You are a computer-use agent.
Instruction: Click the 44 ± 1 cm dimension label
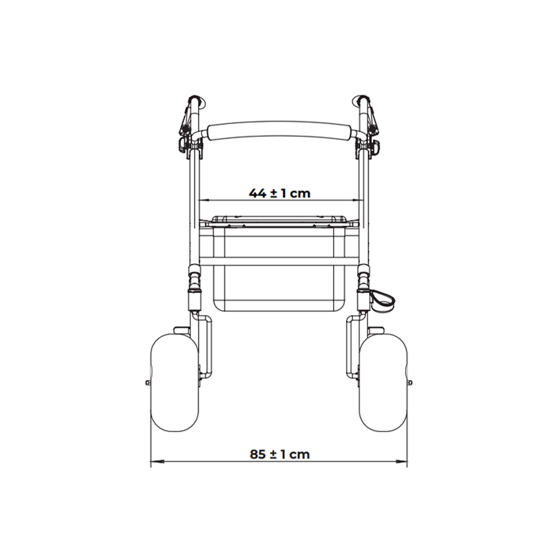(279, 193)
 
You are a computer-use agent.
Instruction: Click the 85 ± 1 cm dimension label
(280, 454)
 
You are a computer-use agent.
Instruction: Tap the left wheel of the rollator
(175, 382)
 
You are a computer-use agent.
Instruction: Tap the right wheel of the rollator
(383, 382)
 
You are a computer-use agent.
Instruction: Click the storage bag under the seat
(279, 268)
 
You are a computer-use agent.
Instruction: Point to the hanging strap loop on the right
(382, 299)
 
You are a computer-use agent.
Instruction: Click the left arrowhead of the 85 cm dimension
(157, 462)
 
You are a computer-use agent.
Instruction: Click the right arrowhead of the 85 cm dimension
(401, 462)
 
